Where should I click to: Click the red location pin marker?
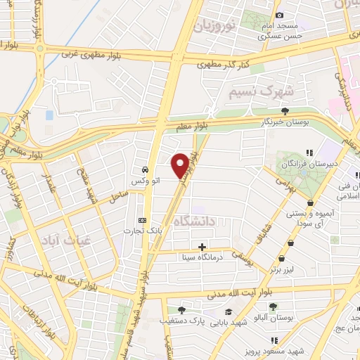click(180, 165)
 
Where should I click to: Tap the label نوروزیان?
click(212, 28)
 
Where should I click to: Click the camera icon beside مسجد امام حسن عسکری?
click(279, 15)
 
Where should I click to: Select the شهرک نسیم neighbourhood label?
click(252, 91)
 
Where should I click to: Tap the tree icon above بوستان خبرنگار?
click(285, 111)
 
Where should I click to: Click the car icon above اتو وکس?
click(143, 169)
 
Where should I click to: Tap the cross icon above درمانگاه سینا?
click(202, 247)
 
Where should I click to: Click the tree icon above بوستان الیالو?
click(273, 306)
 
